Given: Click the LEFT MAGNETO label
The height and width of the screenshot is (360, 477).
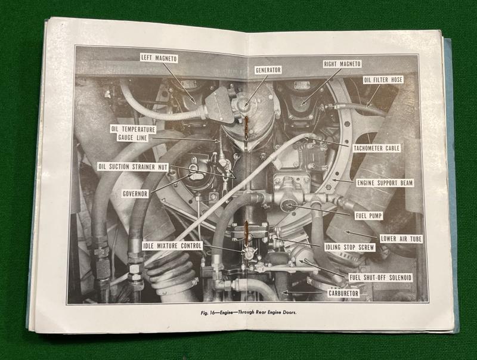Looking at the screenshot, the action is [159, 58].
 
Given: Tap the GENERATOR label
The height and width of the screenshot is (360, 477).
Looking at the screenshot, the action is [268, 70].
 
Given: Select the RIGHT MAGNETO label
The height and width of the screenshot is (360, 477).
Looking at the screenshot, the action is [342, 64].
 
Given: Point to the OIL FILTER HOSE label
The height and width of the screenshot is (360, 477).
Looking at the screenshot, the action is [383, 80].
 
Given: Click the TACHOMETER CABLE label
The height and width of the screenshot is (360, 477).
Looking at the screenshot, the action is [376, 148].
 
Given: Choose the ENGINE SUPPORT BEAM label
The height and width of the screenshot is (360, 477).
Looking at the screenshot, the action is [385, 183].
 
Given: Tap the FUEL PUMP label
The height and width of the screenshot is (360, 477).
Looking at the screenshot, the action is [368, 216].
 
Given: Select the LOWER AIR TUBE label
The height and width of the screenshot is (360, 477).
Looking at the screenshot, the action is [401, 238].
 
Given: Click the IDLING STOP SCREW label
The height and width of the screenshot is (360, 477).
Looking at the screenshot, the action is [349, 247].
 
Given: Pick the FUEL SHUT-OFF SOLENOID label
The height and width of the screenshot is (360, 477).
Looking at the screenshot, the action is [380, 277].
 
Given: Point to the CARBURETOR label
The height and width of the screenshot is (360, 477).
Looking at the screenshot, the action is [343, 294].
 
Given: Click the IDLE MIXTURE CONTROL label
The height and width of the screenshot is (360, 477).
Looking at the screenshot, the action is [172, 246].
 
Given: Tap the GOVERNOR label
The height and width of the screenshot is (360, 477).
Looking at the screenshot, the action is [135, 194].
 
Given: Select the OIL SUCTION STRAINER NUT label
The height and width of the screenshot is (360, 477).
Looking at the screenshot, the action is [133, 167].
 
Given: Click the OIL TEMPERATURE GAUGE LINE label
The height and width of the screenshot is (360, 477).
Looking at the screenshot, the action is [133, 134].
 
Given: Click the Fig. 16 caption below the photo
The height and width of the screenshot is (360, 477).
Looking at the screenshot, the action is [249, 313].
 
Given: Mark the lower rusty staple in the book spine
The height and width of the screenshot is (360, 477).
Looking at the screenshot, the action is [247, 231].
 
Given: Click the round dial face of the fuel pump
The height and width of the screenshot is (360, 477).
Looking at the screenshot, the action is [287, 206].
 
